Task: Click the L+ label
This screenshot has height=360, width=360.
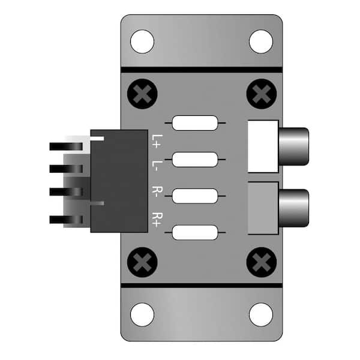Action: [x=157, y=141]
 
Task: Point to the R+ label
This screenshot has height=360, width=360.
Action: [x=157, y=220]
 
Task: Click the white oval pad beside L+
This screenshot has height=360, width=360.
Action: [x=195, y=124]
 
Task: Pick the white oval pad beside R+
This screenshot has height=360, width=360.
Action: [x=195, y=232]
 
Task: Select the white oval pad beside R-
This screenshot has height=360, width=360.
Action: [x=195, y=196]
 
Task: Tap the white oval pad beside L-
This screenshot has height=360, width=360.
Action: [x=195, y=160]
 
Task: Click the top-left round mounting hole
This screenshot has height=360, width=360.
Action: [x=142, y=41]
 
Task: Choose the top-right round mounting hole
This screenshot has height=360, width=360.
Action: [x=261, y=41]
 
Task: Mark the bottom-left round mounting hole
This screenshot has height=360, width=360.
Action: [x=142, y=314]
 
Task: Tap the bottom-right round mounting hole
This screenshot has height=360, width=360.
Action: [x=261, y=314]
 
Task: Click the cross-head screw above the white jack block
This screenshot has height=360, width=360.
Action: [x=261, y=95]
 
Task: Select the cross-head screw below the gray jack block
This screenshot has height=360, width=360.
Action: [x=261, y=262]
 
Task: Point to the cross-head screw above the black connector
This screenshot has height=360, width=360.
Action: [x=143, y=95]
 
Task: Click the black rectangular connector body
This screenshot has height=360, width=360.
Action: [x=119, y=181]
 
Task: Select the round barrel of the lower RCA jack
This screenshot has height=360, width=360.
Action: [x=293, y=208]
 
